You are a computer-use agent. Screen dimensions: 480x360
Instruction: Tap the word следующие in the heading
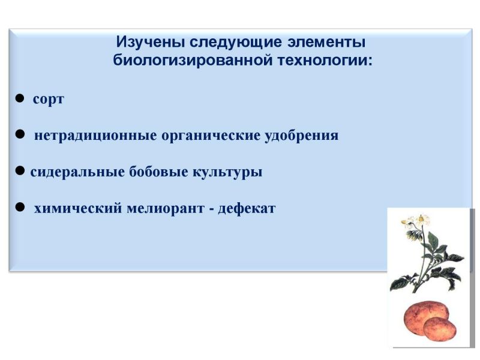235,42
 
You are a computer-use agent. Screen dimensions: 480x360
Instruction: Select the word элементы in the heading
326,42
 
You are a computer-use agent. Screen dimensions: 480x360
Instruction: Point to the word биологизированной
193,60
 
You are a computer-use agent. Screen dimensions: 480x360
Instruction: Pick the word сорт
49,100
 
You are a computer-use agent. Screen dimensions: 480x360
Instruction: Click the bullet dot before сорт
20,98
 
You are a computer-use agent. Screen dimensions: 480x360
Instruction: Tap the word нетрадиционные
95,136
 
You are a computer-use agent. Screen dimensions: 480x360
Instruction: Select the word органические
211,136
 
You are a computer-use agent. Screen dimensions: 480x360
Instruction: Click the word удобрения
302,136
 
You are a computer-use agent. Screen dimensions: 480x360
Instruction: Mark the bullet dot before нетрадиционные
20,134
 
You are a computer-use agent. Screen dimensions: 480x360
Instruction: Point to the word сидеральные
77,172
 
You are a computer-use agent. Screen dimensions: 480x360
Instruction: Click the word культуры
227,172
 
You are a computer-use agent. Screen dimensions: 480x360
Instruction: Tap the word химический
78,208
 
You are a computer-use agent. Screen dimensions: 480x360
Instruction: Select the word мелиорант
166,209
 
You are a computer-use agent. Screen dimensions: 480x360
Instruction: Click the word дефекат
247,208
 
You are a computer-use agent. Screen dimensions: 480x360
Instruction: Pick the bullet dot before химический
20,207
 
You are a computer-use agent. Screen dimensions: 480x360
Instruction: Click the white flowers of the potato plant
416,221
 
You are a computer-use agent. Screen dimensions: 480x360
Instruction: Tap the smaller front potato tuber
440,329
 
